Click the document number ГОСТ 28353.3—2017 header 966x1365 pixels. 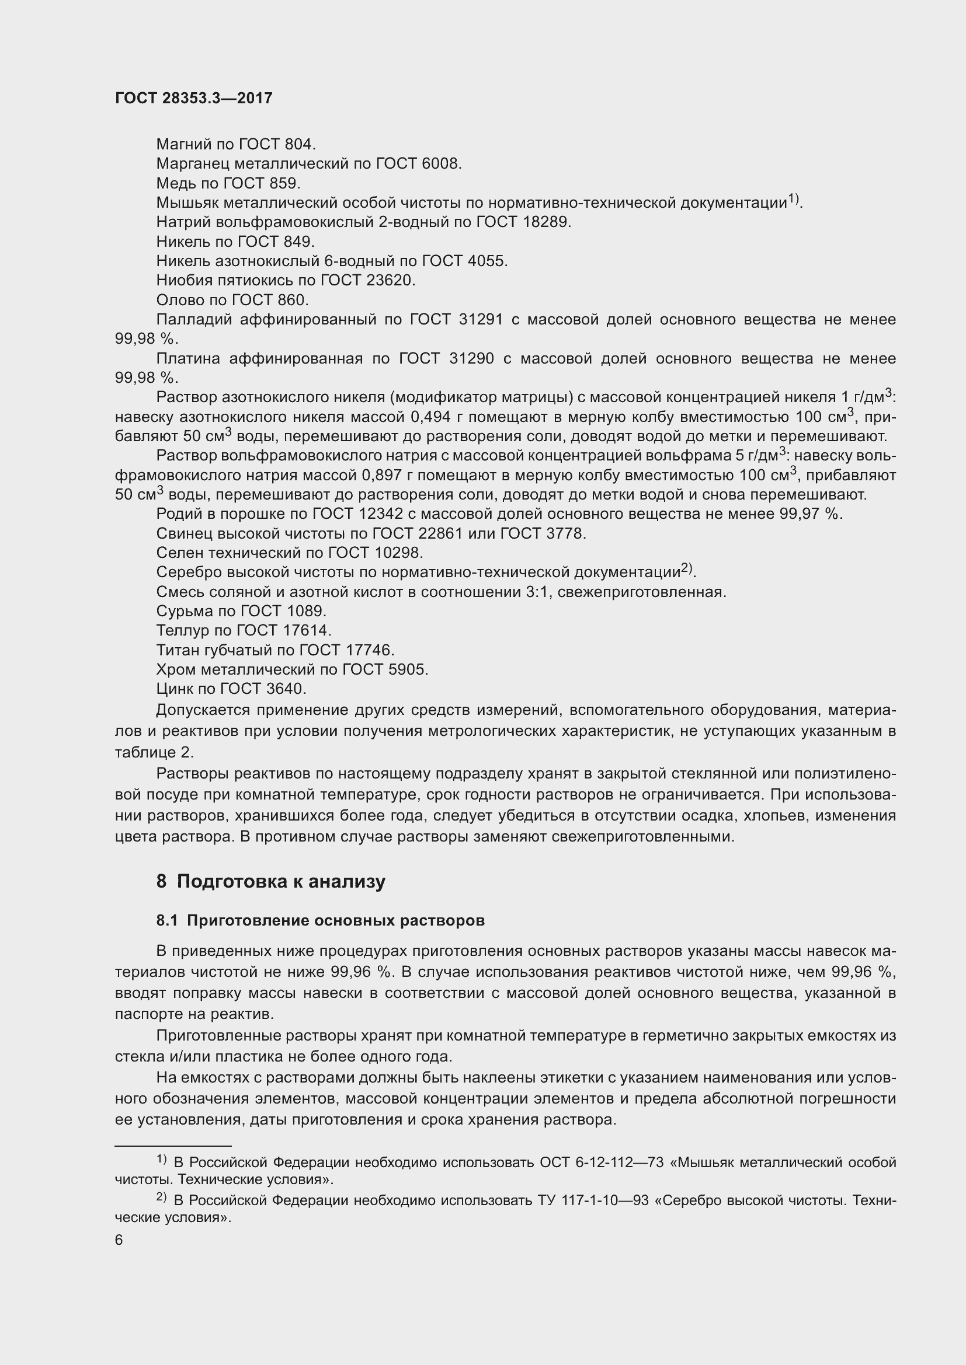[193, 98]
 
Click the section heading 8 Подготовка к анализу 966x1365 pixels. [270, 881]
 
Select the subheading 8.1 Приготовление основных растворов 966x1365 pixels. [321, 920]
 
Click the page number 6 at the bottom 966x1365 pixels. [119, 1240]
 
